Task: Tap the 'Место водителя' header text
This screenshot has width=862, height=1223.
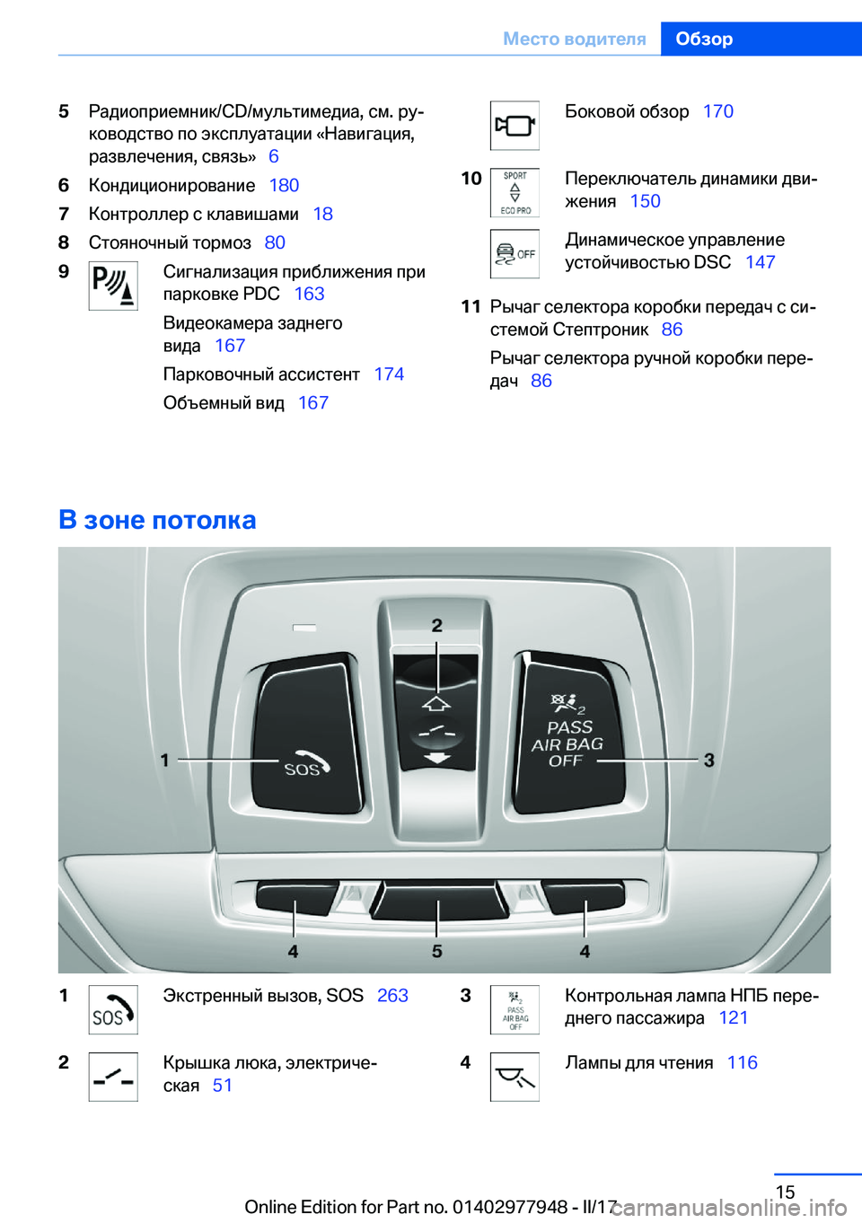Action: tap(574, 39)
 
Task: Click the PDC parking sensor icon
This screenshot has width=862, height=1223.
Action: tap(113, 286)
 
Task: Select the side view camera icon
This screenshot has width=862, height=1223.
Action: tap(515, 126)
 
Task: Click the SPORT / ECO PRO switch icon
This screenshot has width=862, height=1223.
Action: tap(515, 193)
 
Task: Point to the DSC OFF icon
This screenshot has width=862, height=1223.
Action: tap(515, 254)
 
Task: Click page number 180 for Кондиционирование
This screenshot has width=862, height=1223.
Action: tap(284, 185)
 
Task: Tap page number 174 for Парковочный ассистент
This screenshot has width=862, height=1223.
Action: tap(389, 374)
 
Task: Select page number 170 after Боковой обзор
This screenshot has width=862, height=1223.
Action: tap(717, 111)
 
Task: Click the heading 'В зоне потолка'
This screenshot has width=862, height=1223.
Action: tap(157, 519)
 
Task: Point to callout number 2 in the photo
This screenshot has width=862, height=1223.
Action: tap(437, 625)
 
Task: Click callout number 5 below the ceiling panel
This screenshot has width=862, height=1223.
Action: tap(437, 951)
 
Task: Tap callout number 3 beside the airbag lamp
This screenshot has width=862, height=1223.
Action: tap(709, 760)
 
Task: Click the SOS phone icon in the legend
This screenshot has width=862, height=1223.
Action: tap(113, 1009)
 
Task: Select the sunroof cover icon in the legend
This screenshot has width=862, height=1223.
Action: tap(113, 1077)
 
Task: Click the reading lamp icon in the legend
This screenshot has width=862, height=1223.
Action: tap(515, 1077)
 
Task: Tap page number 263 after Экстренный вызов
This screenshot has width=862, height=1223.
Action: tap(392, 995)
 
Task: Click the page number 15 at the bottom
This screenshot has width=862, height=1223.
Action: tap(785, 1192)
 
